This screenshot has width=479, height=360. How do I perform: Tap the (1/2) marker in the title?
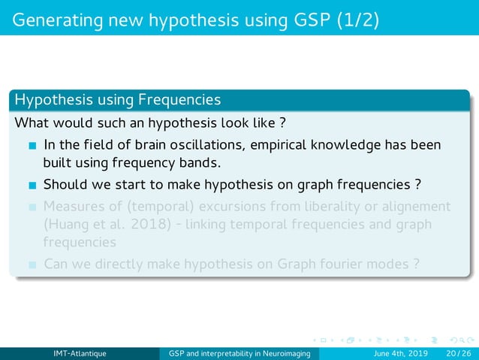click(x=353, y=18)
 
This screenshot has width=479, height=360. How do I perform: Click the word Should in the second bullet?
click(x=65, y=184)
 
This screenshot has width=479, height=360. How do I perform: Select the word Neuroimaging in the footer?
click(x=290, y=354)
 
